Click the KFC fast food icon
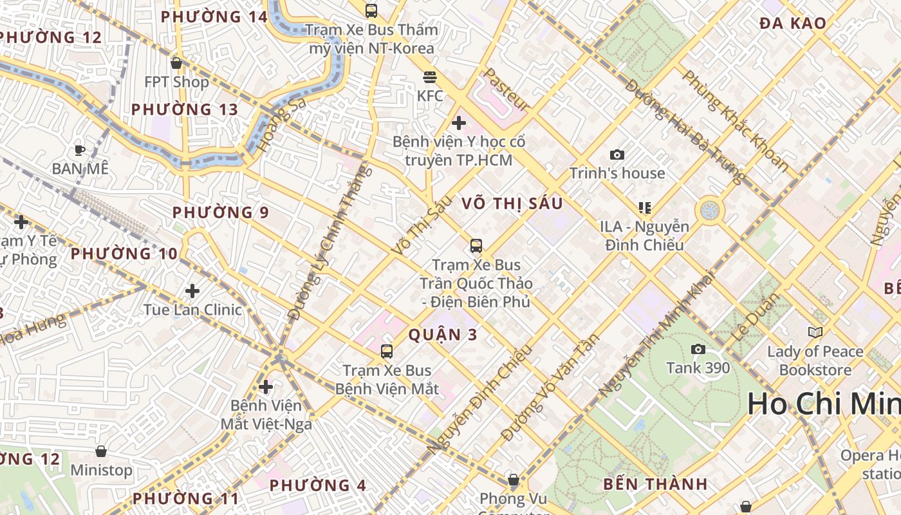[x=430, y=77]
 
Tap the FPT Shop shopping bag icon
[x=176, y=63]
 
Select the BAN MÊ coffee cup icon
[x=80, y=150]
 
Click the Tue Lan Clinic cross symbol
[x=192, y=291]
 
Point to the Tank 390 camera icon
[x=698, y=350]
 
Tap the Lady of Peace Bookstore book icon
[x=815, y=332]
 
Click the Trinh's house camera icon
[x=617, y=154]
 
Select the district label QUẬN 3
[x=443, y=335]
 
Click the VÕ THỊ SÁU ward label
[x=512, y=204]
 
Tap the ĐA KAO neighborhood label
[x=792, y=24]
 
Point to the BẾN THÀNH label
[x=655, y=484]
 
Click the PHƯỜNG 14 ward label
[x=214, y=17]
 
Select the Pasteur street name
[x=507, y=89]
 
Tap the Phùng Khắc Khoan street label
[x=736, y=121]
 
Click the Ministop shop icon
[x=100, y=451]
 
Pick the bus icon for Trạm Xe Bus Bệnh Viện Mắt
[x=387, y=351]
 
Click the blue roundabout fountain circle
[x=710, y=211]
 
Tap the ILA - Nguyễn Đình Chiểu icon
[x=644, y=207]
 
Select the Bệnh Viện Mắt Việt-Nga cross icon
[x=265, y=387]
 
